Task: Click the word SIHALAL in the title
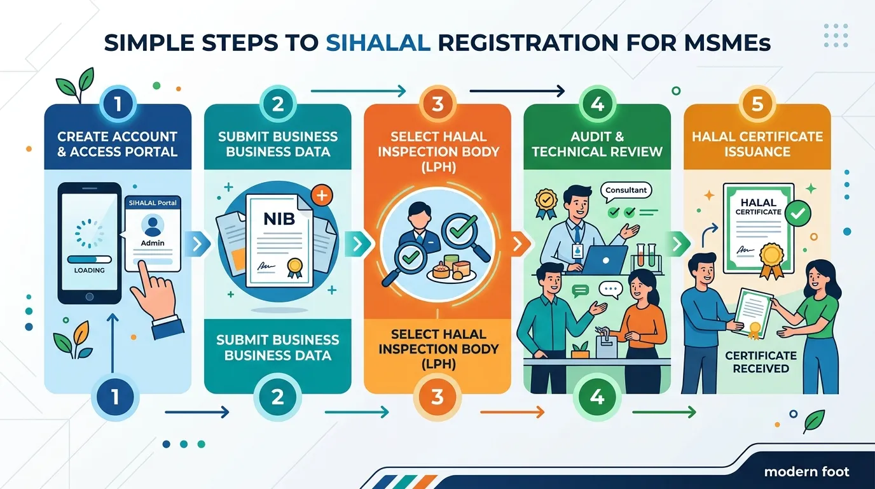click(x=378, y=43)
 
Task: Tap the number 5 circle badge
click(x=757, y=104)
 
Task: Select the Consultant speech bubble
click(x=626, y=190)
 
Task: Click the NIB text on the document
click(x=279, y=219)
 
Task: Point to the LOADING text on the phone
click(x=90, y=271)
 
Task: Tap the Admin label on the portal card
click(x=153, y=243)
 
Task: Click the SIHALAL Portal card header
click(x=153, y=203)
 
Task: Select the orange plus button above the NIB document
click(x=322, y=195)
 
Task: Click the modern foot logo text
click(x=806, y=472)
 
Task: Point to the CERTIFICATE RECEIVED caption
click(x=761, y=362)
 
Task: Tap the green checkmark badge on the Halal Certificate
click(x=797, y=213)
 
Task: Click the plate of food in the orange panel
click(x=451, y=269)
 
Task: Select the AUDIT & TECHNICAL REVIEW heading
click(x=597, y=144)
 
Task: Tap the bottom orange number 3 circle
click(x=437, y=397)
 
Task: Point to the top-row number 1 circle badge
click(x=118, y=104)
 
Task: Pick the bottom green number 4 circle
click(x=597, y=397)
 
